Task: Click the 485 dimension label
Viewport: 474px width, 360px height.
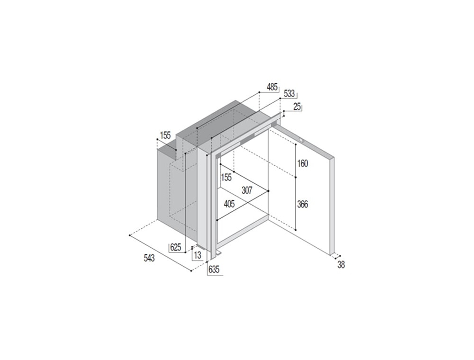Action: (272, 87)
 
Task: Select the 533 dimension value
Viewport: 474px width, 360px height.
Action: (289, 94)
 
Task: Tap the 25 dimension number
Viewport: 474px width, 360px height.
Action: (298, 107)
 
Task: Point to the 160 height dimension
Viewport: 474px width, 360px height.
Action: (302, 163)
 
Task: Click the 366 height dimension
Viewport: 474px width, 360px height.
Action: (302, 205)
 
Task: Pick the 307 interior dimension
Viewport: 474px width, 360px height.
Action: (247, 190)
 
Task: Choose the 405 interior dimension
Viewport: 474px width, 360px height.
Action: (229, 204)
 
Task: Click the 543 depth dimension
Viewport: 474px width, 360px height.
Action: (149, 258)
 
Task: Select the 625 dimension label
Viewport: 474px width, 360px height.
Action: (175, 248)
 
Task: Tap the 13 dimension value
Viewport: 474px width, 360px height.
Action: (197, 255)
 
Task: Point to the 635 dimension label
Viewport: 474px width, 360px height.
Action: (214, 270)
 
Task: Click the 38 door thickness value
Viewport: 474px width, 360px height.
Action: (341, 265)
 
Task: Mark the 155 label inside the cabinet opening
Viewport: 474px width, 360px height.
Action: (226, 177)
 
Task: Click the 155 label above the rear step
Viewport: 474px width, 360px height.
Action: (165, 135)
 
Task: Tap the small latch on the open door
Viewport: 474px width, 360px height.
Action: (301, 140)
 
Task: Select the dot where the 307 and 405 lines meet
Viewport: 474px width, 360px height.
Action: (268, 191)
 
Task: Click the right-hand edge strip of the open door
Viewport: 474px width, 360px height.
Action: (332, 206)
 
